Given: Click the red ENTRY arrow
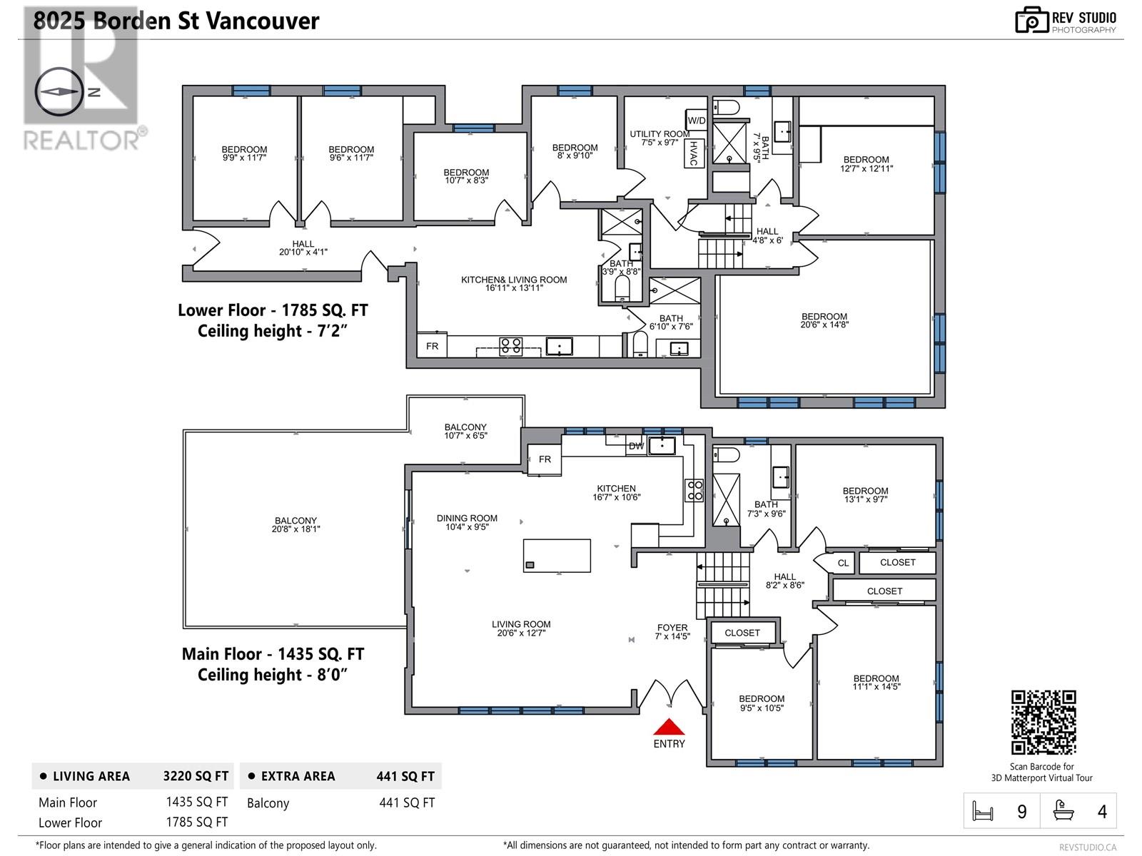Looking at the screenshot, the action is [x=669, y=726].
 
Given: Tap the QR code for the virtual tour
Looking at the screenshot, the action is [x=1044, y=722].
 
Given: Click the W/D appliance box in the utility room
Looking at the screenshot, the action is [x=696, y=121].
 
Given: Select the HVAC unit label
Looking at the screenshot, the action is [x=694, y=153].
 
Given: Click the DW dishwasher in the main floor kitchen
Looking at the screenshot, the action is [x=636, y=446].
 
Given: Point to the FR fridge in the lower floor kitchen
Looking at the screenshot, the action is [x=432, y=346].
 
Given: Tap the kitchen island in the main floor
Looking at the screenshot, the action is [x=557, y=556].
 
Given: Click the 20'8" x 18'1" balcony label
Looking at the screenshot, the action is [x=295, y=525].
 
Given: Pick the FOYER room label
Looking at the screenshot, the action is [x=672, y=627].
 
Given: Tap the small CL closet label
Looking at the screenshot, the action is [x=843, y=563].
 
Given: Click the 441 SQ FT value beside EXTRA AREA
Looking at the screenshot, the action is [x=405, y=777].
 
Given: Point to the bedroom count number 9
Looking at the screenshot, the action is [x=1022, y=812].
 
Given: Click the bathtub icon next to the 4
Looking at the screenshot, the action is [x=1063, y=811].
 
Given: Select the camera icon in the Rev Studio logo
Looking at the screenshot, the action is [x=1031, y=20].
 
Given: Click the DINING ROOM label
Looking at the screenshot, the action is [x=467, y=518].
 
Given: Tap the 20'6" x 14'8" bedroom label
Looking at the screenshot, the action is [x=824, y=321].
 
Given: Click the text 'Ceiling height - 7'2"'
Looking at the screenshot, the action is [x=272, y=331].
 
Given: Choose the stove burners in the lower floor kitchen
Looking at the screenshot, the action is [x=510, y=346].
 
